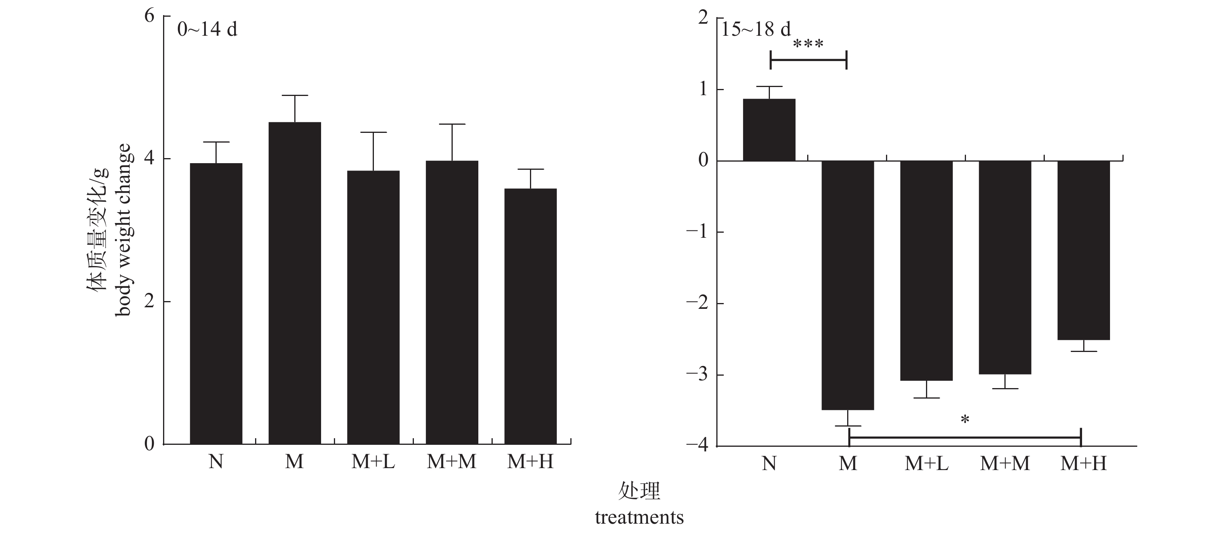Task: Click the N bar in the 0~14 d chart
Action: click(x=216, y=304)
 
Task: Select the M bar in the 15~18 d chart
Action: click(x=848, y=285)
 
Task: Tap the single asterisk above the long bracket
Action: click(x=964, y=420)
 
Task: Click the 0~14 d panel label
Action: click(x=207, y=30)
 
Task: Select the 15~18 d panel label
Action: click(x=756, y=30)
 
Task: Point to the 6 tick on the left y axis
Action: click(x=149, y=16)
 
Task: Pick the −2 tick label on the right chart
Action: click(x=697, y=303)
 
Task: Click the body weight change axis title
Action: click(x=122, y=230)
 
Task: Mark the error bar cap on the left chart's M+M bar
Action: click(x=452, y=124)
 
